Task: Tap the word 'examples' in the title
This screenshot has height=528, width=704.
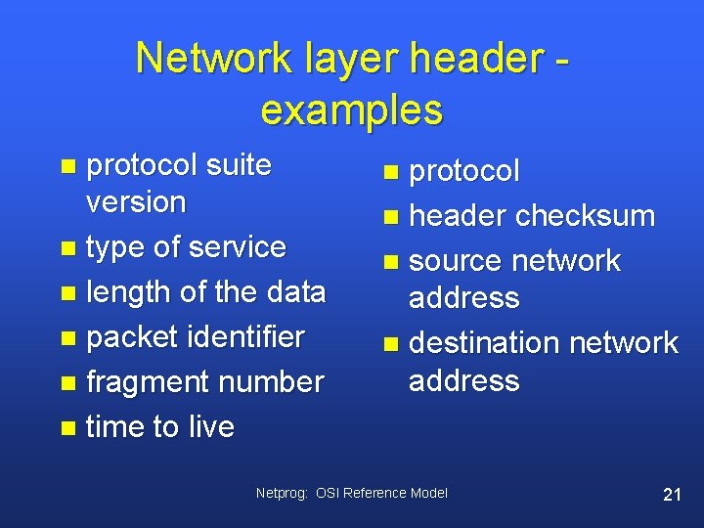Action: tap(351, 110)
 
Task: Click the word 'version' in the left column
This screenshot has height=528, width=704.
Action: tap(136, 202)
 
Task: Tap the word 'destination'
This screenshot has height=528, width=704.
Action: tap(483, 343)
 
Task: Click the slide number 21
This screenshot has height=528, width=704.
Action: tap(672, 494)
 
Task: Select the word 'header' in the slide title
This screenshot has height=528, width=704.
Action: tap(474, 59)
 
